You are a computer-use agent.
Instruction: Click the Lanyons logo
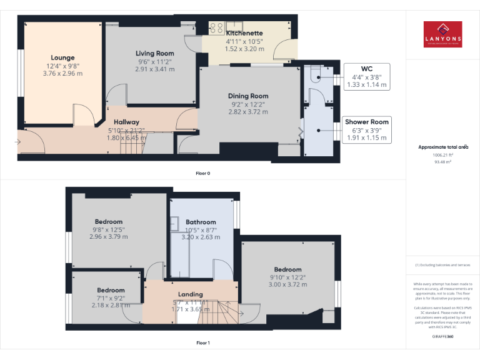pyautogui.click(x=442, y=34)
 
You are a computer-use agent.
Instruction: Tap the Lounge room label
pyautogui.click(x=62, y=57)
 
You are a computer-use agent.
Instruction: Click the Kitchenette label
pyautogui.click(x=244, y=32)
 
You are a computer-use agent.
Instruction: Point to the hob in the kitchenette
pyautogui.click(x=217, y=27)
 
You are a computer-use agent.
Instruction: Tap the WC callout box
pyautogui.click(x=366, y=76)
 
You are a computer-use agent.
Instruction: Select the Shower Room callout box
pyautogui.click(x=366, y=129)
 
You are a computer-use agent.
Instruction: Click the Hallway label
pyautogui.click(x=126, y=122)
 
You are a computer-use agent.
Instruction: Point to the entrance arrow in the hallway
pyautogui.click(x=19, y=142)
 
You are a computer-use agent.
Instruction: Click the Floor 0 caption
pyautogui.click(x=202, y=173)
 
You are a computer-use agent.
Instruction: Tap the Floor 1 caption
pyautogui.click(x=202, y=342)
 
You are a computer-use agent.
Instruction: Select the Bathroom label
pyautogui.click(x=201, y=222)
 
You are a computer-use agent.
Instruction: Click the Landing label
pyautogui.click(x=190, y=294)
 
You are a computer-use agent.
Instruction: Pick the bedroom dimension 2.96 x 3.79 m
pyautogui.click(x=108, y=237)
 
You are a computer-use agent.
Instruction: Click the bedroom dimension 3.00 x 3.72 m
pyautogui.click(x=287, y=284)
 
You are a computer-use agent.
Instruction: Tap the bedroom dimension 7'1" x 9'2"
pyautogui.click(x=111, y=298)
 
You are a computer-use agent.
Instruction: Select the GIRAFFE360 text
pyautogui.click(x=442, y=336)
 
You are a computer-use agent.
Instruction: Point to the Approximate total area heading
pyautogui.click(x=442, y=147)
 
